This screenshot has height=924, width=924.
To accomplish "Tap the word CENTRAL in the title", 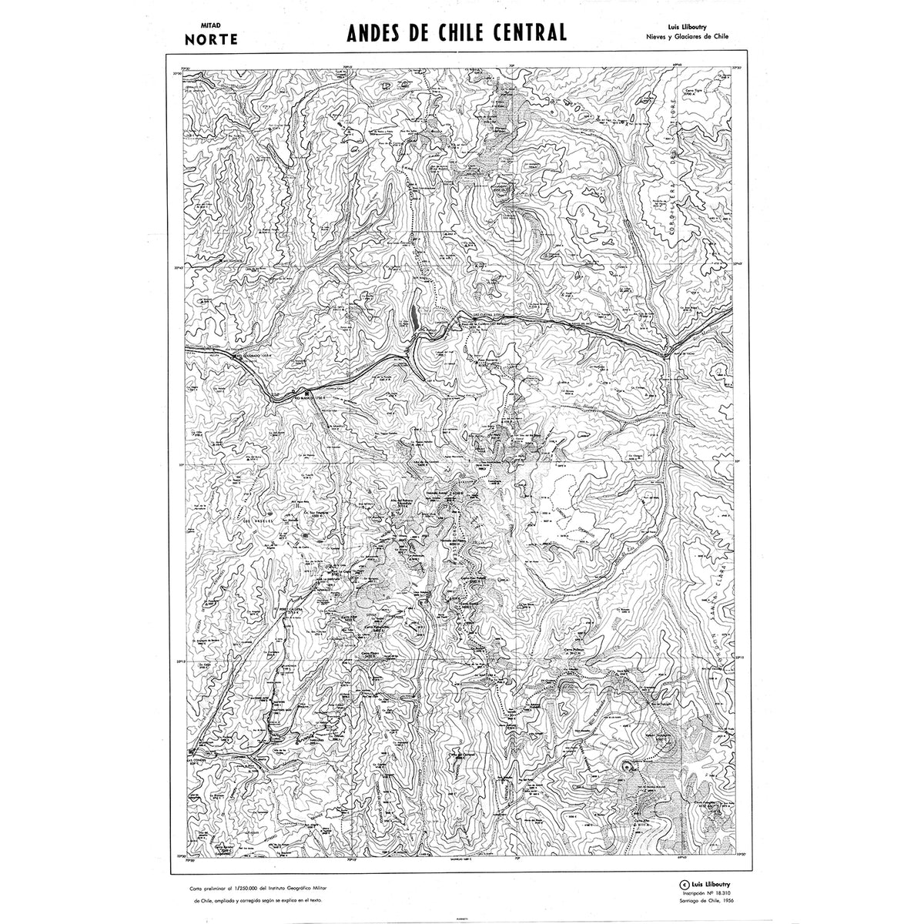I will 530,32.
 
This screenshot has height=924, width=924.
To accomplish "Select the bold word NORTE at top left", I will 209,38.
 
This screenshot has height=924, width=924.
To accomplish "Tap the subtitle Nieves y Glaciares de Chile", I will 687,36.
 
